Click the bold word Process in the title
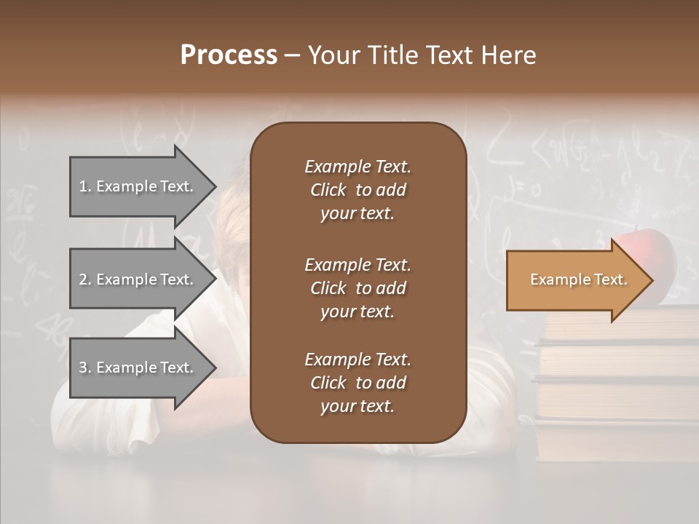tap(229, 55)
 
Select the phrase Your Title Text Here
tap(422, 55)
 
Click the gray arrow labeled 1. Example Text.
tap(136, 186)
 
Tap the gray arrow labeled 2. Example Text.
tap(136, 279)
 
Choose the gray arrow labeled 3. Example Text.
tap(136, 368)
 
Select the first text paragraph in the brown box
tap(358, 190)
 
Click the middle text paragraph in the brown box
tap(358, 288)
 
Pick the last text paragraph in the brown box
tap(358, 383)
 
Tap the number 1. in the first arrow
tap(85, 186)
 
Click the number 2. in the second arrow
tap(85, 279)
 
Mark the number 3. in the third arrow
tap(85, 368)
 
